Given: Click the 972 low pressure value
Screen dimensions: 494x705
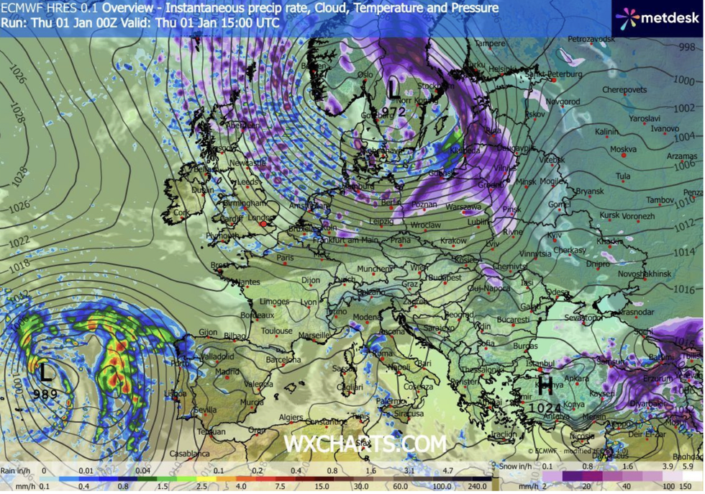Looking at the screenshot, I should point(394,112).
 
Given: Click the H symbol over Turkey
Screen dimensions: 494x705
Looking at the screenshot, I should point(545,386).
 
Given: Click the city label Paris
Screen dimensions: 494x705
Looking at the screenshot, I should point(286,257).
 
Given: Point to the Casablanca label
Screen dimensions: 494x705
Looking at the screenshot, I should point(190,454).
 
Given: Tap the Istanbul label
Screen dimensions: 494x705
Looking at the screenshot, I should point(541,364).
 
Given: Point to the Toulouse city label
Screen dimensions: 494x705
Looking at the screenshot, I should point(277,331).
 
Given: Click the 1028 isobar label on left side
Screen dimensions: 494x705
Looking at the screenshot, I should point(17,116).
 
